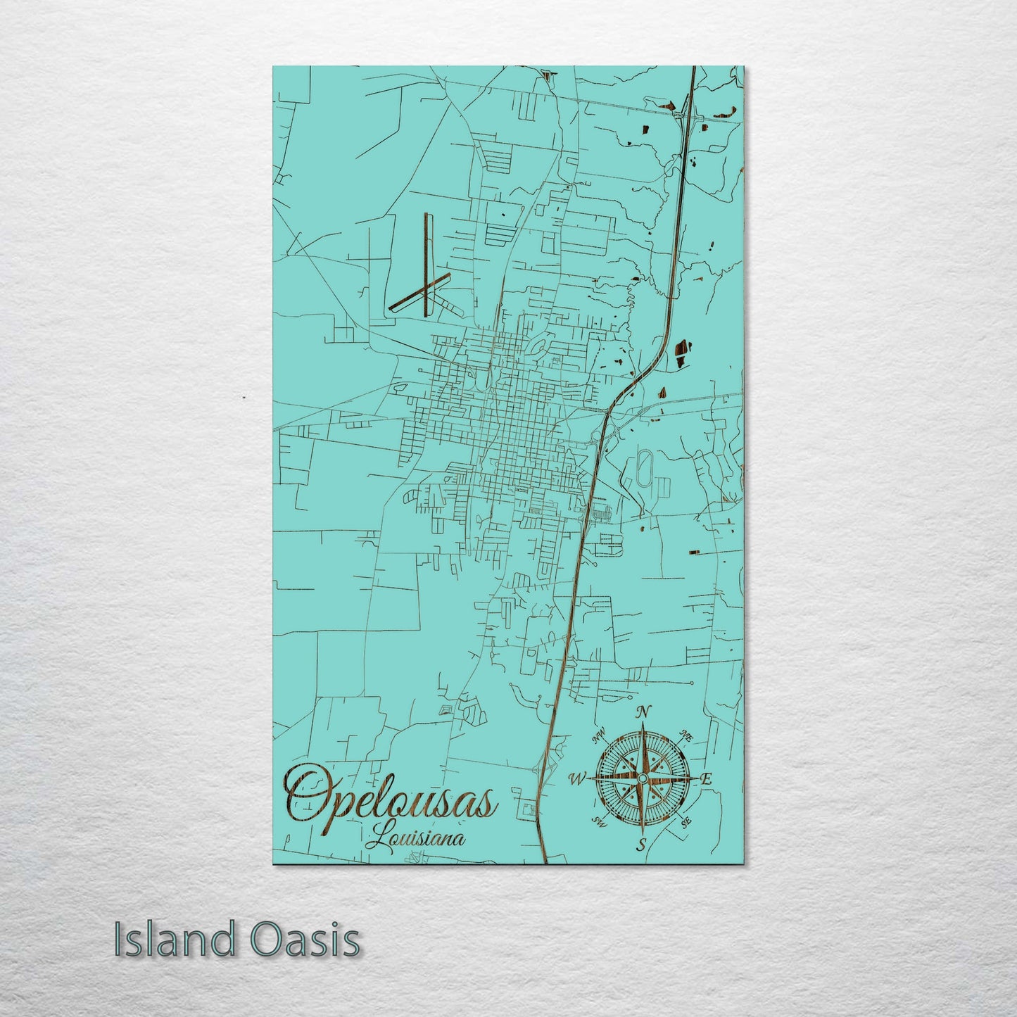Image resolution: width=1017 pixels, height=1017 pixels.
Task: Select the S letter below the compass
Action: [641, 845]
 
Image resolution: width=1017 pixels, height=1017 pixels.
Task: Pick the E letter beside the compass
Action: [707, 779]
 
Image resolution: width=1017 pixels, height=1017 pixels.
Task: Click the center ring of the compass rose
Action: [641, 777]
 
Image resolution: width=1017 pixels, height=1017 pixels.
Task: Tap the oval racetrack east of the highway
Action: [644, 465]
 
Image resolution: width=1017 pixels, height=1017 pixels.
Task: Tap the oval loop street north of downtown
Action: [539, 346]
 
